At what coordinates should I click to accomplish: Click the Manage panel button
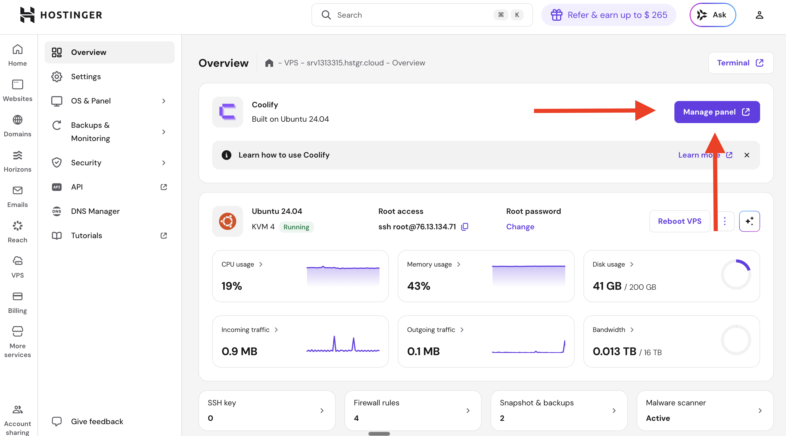click(717, 112)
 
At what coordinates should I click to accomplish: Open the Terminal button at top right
click(740, 63)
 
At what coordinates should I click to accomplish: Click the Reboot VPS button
click(679, 221)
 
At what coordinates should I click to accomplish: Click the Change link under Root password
click(520, 227)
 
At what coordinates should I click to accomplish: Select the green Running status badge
click(296, 227)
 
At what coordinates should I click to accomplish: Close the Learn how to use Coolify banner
click(746, 155)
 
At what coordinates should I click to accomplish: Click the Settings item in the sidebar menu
click(86, 76)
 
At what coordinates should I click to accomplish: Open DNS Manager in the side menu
click(95, 211)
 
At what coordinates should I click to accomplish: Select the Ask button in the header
click(712, 15)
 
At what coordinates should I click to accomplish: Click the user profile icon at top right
click(759, 15)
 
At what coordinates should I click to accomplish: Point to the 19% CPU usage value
click(232, 286)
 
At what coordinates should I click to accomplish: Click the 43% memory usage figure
click(418, 286)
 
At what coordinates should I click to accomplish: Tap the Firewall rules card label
click(376, 403)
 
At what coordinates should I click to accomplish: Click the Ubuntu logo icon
click(227, 221)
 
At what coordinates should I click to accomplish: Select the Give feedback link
click(97, 421)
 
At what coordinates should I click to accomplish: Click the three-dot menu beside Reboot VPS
click(725, 221)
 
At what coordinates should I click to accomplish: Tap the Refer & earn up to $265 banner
click(609, 15)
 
